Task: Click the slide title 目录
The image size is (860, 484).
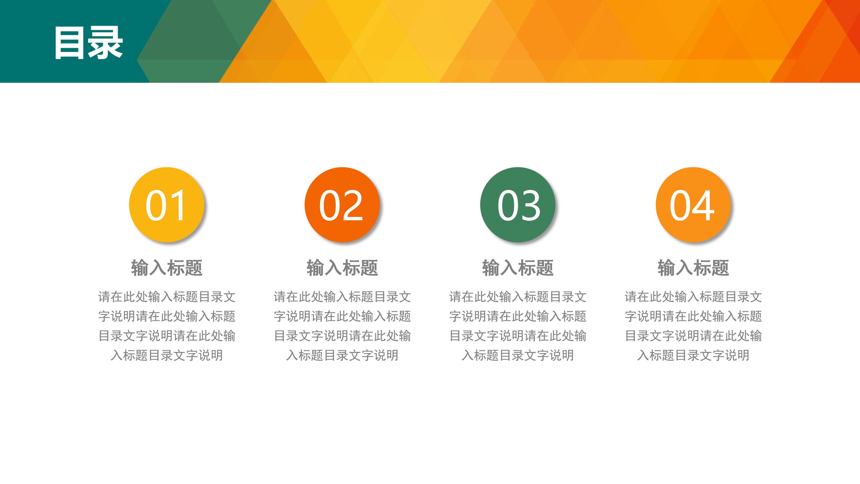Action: [x=88, y=43]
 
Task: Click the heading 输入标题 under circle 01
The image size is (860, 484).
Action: [x=166, y=268]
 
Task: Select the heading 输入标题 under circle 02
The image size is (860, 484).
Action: [x=342, y=268]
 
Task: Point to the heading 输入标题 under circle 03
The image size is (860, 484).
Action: [x=517, y=268]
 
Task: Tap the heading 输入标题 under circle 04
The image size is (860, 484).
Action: [x=693, y=268]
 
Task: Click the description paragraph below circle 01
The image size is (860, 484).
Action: [x=166, y=326]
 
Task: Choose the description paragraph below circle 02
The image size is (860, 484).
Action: [x=342, y=326]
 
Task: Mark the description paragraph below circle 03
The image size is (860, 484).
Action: [x=517, y=326]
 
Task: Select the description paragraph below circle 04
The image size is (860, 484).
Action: [x=693, y=326]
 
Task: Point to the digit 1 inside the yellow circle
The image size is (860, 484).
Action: [x=177, y=205]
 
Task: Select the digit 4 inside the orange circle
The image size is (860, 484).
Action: [x=704, y=205]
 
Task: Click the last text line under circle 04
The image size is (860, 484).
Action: [x=693, y=355]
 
